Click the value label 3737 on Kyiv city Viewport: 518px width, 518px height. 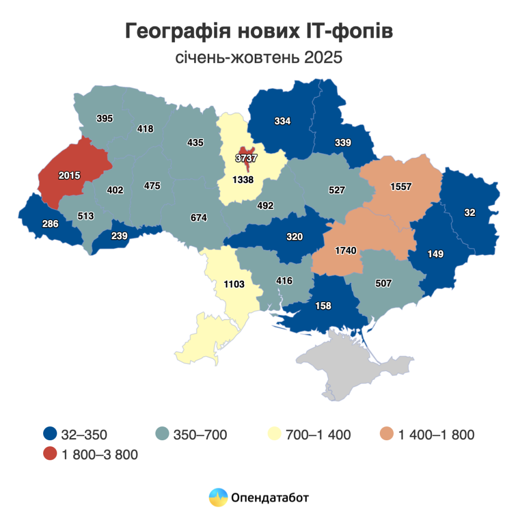pos(246,159)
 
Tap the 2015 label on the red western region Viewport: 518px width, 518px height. pos(69,175)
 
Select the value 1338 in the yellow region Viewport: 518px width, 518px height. pos(243,180)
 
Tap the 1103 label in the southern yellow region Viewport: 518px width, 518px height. pos(234,284)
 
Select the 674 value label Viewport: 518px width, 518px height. pos(199,218)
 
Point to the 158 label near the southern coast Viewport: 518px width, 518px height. pos(324,306)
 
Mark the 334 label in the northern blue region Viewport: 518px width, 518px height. pos(282,121)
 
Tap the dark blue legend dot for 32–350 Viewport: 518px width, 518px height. pos(50,434)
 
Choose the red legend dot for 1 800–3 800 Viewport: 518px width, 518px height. pos(50,454)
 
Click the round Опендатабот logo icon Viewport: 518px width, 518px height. pos(219,497)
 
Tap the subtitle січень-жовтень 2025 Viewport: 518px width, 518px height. pos(259,58)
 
